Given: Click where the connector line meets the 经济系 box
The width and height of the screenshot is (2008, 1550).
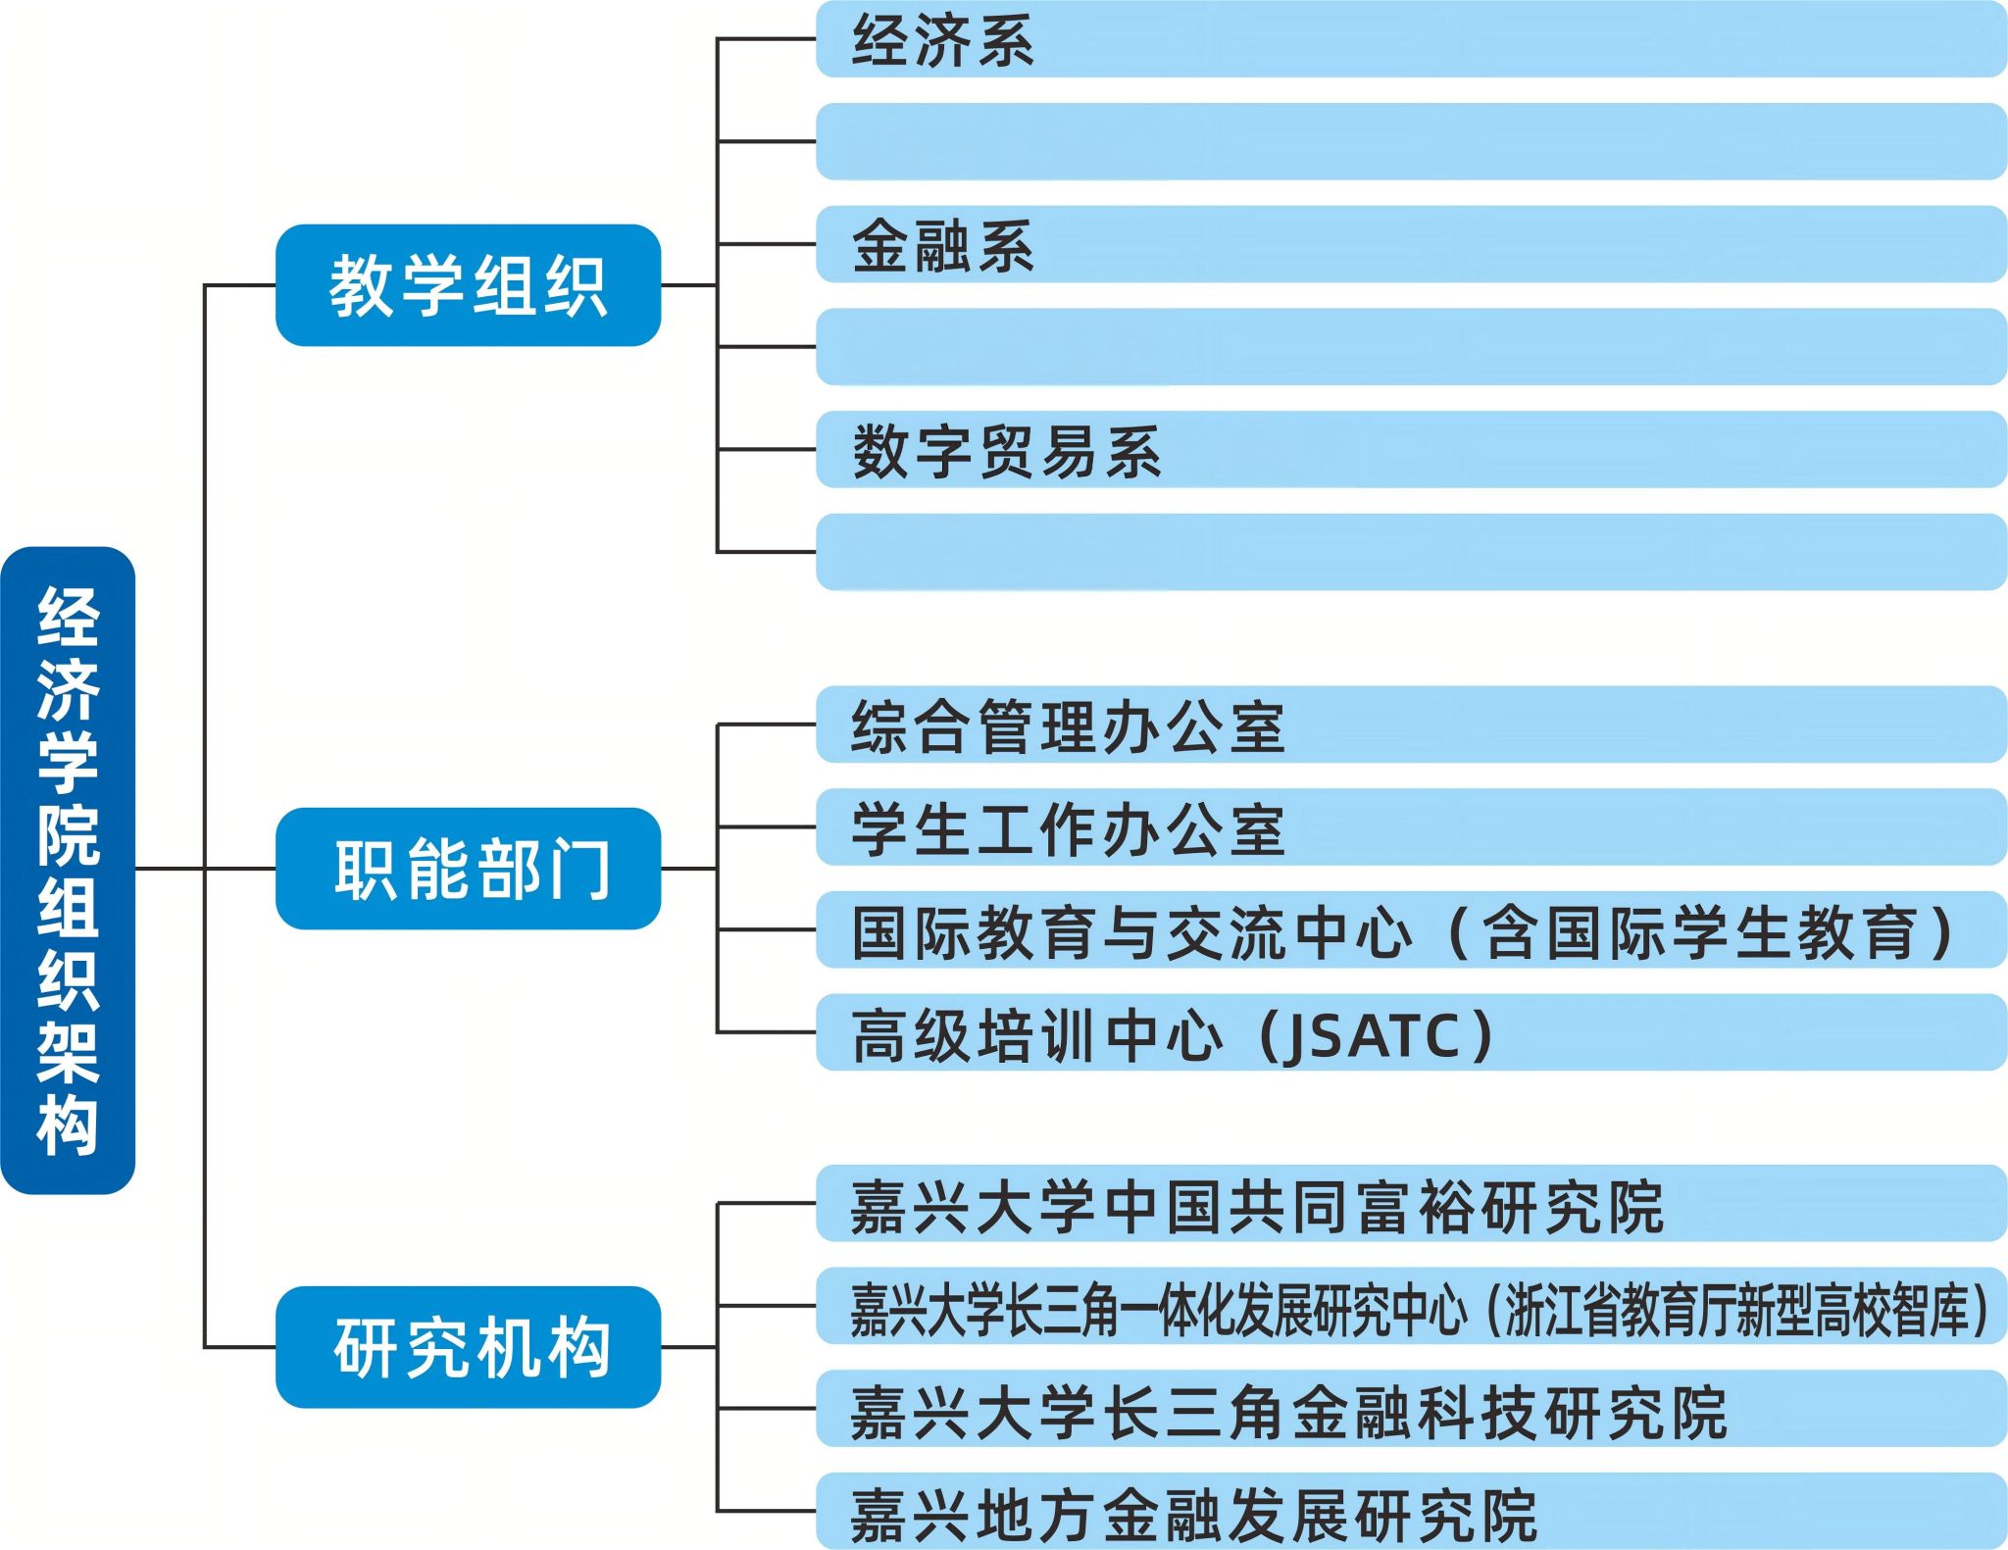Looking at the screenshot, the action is click(817, 39).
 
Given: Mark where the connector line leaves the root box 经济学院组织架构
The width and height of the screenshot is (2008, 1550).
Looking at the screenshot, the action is click(135, 869).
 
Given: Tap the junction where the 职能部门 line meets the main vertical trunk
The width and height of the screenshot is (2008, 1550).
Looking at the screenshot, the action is click(205, 869).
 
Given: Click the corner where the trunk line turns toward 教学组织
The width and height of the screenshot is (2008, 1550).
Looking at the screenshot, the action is click(205, 285).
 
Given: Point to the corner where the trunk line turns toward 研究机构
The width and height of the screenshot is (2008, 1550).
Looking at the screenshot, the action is click(205, 1347).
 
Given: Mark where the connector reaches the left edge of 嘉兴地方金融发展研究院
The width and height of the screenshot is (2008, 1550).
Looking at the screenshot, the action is click(817, 1511).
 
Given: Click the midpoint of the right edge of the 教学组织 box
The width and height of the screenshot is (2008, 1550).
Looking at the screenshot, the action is click(661, 285).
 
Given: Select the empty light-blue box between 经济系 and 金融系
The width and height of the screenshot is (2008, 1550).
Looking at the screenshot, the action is click(1411, 141).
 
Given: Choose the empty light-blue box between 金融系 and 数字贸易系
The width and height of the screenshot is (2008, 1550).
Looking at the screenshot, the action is click(1411, 347).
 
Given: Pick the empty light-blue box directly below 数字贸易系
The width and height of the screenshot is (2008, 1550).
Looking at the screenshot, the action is click(1411, 552).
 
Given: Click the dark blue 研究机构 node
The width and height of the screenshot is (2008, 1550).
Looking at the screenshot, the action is click(469, 1347).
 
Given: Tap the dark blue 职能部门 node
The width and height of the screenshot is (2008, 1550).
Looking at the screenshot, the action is click(469, 869).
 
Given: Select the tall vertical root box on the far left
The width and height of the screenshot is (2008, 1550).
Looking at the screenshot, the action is click(68, 870).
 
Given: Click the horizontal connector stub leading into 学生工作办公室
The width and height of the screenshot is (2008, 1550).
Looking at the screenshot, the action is click(767, 827).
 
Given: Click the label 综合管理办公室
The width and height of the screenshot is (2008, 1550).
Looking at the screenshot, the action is click(1068, 727).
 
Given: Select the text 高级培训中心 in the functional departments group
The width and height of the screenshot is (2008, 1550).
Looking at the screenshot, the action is click(1037, 1036).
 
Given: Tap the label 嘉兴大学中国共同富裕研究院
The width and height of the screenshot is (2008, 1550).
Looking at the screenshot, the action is click(1257, 1207).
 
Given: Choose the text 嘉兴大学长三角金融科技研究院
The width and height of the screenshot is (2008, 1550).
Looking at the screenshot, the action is click(1288, 1413).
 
